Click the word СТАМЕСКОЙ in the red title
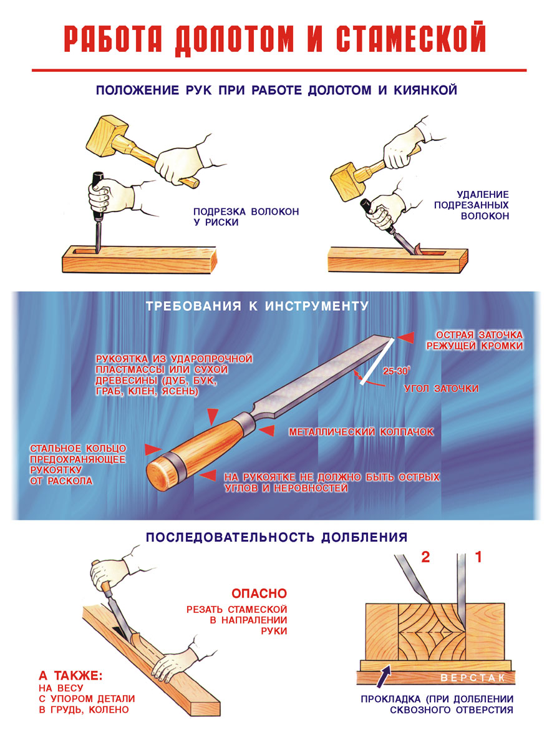[410, 39]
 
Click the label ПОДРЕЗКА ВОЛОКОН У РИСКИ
[246, 217]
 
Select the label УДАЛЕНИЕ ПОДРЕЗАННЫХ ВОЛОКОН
[471, 205]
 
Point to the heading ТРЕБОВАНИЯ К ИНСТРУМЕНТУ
[258, 306]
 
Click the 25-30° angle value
[396, 371]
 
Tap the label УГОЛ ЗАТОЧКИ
[441, 388]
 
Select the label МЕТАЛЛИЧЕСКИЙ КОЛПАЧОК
[361, 431]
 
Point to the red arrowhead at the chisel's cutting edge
[405, 337]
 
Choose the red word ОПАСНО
[259, 593]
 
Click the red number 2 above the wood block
[425, 557]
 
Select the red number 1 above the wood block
[478, 557]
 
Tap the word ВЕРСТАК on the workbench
[473, 677]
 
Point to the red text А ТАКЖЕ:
[70, 676]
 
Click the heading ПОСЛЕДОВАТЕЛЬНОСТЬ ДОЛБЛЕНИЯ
[276, 537]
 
